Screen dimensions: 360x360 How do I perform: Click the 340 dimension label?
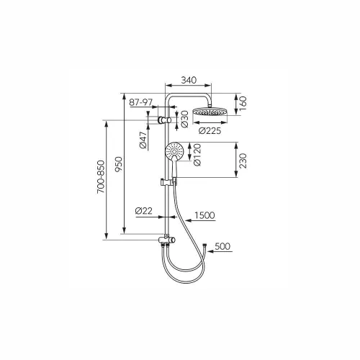pyautogui.click(x=189, y=80)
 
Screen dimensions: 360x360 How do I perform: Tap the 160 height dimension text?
pyautogui.click(x=243, y=102)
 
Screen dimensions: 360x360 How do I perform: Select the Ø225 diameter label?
pyautogui.click(x=210, y=131)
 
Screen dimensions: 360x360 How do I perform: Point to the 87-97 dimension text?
pyautogui.click(x=141, y=102)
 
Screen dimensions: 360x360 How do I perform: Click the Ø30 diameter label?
pyautogui.click(x=184, y=119)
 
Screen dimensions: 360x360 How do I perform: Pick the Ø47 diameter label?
pyautogui.click(x=143, y=140)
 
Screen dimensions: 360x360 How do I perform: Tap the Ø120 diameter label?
pyautogui.click(x=197, y=156)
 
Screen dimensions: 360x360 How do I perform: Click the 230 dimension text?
pyautogui.click(x=243, y=161)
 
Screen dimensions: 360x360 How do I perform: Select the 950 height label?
pyautogui.click(x=119, y=164)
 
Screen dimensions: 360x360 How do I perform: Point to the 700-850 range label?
pyautogui.click(x=101, y=177)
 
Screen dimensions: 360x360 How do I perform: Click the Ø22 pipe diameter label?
pyautogui.click(x=144, y=211)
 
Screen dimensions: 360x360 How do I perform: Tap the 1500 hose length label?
pyautogui.click(x=204, y=215)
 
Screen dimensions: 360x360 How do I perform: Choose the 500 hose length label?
pyautogui.click(x=222, y=246)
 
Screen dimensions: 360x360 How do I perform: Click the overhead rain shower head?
pyautogui.click(x=210, y=112)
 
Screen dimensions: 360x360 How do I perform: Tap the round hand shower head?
pyautogui.click(x=174, y=150)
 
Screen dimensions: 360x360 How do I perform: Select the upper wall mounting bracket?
pyautogui.click(x=164, y=120)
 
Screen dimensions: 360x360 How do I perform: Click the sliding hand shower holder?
pyautogui.click(x=168, y=182)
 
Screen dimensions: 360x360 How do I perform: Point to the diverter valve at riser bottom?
pyautogui.click(x=167, y=240)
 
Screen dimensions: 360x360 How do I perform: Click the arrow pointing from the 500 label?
pyautogui.click(x=220, y=251)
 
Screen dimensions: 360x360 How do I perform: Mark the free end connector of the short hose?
pyautogui.click(x=204, y=245)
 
